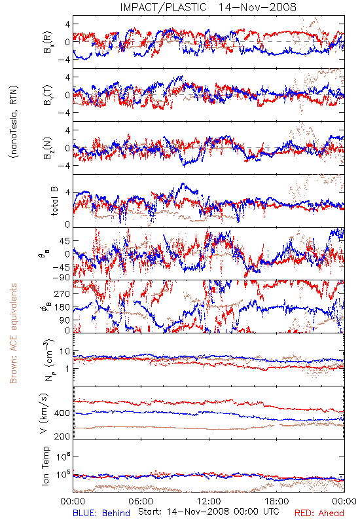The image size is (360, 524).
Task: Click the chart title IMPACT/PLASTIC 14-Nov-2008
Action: click(x=208, y=7)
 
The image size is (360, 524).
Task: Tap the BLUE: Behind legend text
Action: click(x=101, y=513)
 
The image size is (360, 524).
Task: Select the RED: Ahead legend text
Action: click(x=319, y=513)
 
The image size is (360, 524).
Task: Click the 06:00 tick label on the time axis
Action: click(x=141, y=501)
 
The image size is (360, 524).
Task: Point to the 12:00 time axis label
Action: click(x=209, y=501)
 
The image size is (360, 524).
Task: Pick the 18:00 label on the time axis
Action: click(x=277, y=501)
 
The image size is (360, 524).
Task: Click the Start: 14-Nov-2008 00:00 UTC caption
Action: click(x=209, y=512)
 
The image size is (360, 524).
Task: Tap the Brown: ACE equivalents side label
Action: click(x=13, y=333)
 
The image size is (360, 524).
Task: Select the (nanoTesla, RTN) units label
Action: click(x=14, y=121)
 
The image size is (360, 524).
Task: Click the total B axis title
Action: click(x=54, y=200)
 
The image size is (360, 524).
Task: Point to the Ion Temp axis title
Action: click(x=45, y=466)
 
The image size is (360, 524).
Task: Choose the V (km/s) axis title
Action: click(x=44, y=413)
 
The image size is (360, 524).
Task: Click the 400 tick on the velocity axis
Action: click(x=62, y=413)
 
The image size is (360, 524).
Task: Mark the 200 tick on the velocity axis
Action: click(x=62, y=436)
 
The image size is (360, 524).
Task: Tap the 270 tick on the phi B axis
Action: click(x=62, y=293)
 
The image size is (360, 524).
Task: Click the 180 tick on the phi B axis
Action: click(x=62, y=307)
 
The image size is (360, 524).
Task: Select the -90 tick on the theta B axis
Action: click(x=61, y=277)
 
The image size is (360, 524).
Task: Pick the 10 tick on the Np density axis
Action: click(x=65, y=351)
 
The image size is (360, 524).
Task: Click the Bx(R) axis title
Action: click(x=47, y=42)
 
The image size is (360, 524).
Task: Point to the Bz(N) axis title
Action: click(x=47, y=148)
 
